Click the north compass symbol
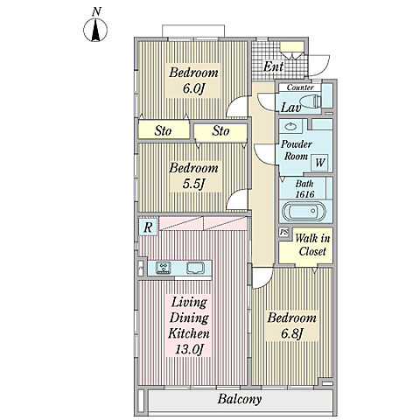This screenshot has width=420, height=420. point(95,30)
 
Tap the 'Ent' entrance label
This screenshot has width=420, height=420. point(273,66)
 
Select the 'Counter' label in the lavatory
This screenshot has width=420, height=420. point(300,87)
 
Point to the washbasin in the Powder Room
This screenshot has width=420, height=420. point(290,126)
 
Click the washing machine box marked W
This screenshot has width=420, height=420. point(320,163)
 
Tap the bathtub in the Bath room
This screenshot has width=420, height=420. point(304,212)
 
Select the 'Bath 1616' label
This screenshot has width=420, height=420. point(304,189)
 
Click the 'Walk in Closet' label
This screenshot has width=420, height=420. point(312,245)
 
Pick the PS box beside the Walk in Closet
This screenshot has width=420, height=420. point(283,232)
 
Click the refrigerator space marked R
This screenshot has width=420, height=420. point(148,227)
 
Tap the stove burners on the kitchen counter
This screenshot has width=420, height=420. point(164,268)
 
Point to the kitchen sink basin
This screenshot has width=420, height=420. point(195,268)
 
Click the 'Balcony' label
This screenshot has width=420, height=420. point(240,399)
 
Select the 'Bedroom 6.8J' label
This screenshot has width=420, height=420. point(291,325)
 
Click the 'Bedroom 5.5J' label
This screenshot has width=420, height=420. point(193,176)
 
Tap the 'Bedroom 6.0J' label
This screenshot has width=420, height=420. point(193,80)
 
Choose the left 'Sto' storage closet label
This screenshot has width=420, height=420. point(163,130)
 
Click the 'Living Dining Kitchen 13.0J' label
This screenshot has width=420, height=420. point(189,325)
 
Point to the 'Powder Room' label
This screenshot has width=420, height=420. point(297,150)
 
